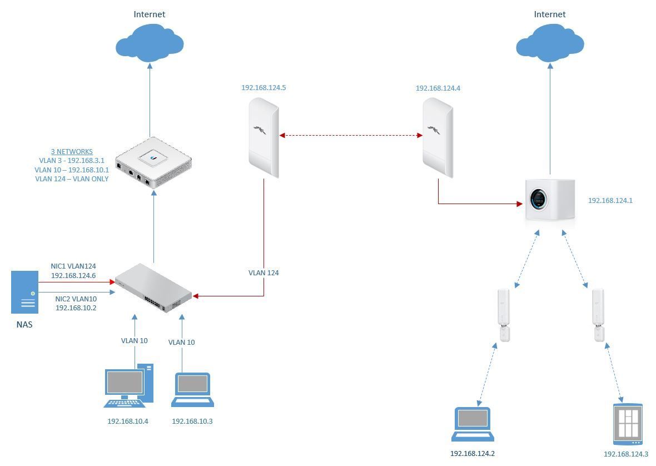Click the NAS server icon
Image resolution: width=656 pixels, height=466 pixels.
click(25, 292)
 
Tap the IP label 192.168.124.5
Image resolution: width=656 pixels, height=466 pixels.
click(264, 88)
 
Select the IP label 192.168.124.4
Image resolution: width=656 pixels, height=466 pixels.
click(438, 88)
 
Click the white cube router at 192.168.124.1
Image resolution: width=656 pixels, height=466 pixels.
click(549, 201)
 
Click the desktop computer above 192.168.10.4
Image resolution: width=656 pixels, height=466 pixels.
click(128, 385)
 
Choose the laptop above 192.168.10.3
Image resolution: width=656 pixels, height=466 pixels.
click(192, 389)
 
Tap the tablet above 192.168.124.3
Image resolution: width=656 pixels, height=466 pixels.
click(628, 424)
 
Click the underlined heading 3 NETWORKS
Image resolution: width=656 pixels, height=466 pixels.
click(72, 151)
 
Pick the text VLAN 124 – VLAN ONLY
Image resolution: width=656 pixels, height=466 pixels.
click(72, 179)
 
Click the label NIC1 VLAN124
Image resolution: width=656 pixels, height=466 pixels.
click(73, 266)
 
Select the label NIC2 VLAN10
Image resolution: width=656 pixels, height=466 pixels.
click(76, 299)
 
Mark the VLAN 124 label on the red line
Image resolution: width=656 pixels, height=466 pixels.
click(264, 273)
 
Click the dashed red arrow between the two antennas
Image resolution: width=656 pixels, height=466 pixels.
click(351, 135)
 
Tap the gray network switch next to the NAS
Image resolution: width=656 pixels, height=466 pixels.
click(153, 287)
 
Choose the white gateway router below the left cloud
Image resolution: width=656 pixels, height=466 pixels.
click(153, 162)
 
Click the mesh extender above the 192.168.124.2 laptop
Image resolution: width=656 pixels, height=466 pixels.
click(503, 315)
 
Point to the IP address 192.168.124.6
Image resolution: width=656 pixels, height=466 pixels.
click(73, 275)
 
